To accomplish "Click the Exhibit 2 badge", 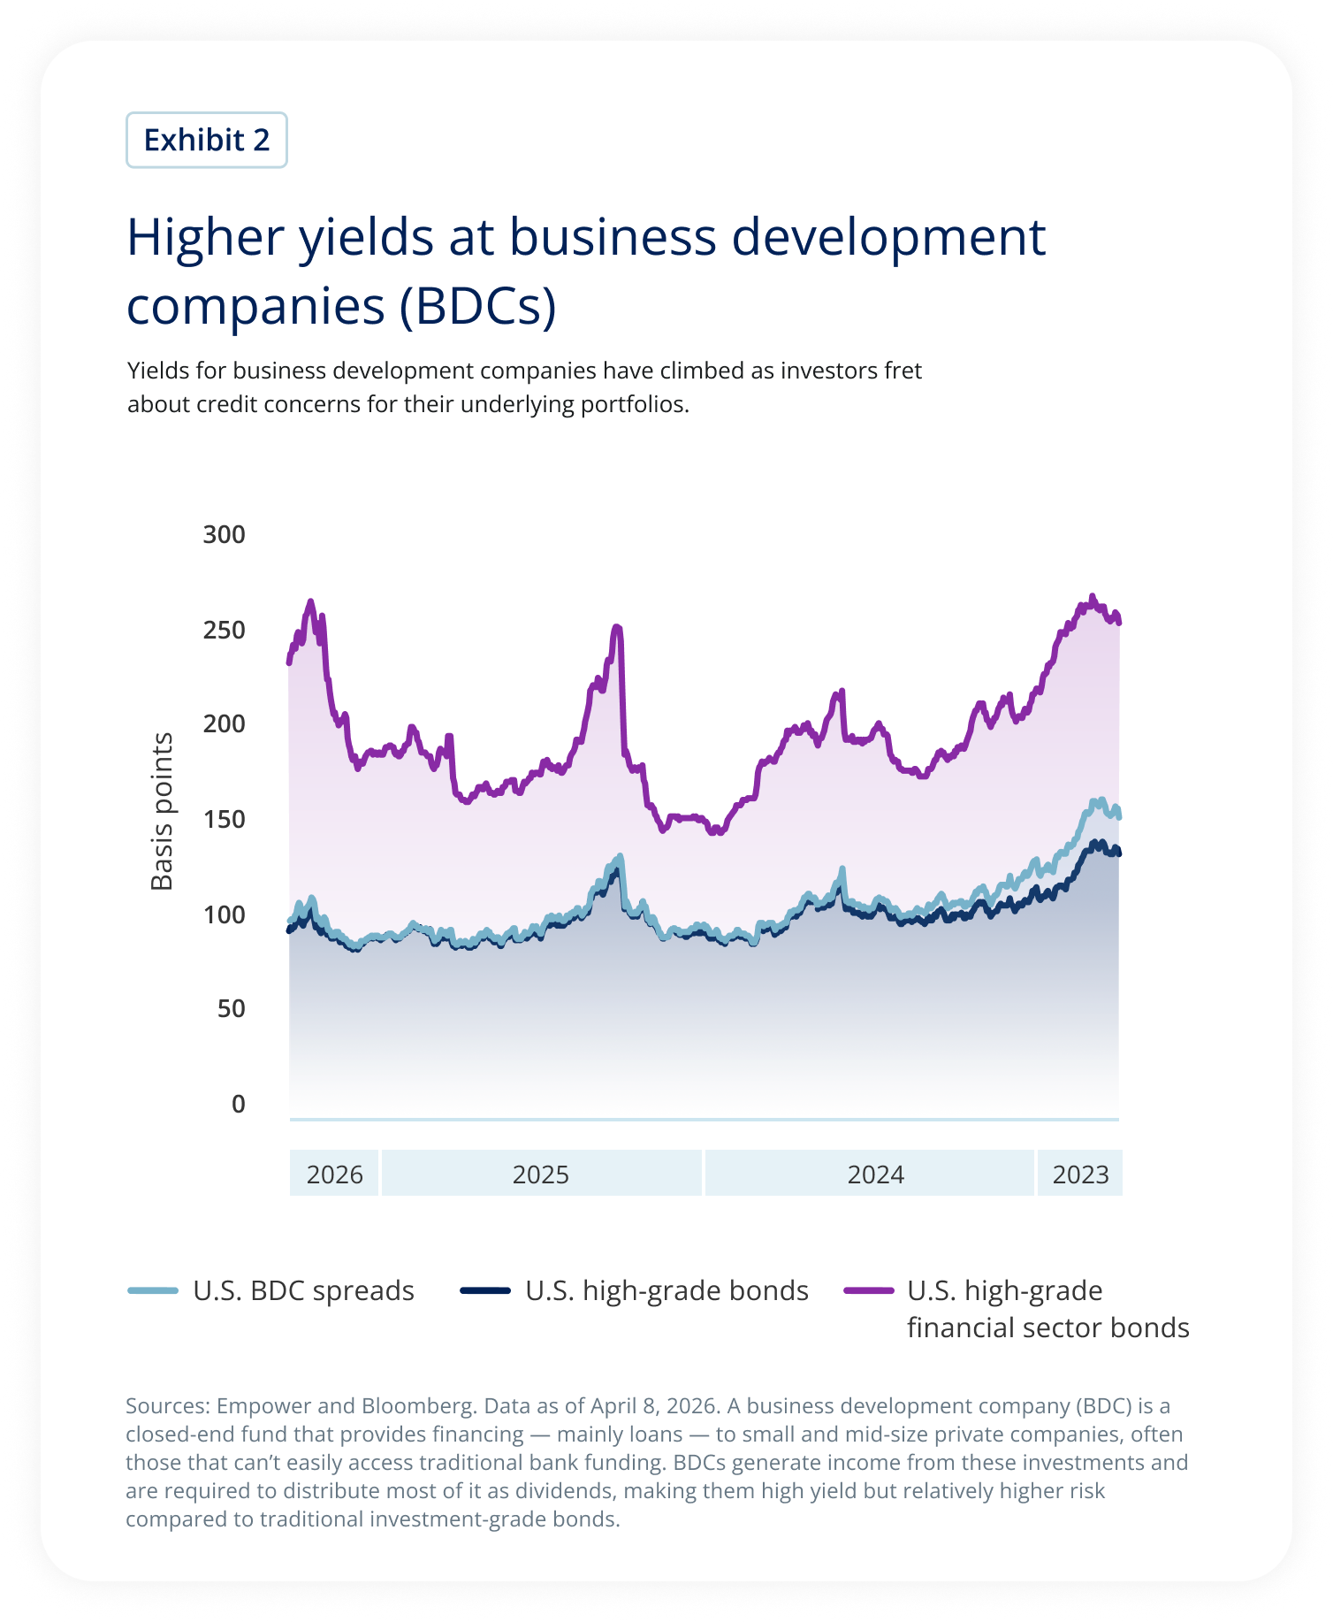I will pos(206,140).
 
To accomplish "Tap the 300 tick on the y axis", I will pos(225,534).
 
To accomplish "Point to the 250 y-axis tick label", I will pos(225,630).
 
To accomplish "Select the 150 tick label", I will pos(225,819).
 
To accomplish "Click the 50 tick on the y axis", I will pos(231,1008).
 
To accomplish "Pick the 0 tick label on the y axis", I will pos(238,1104).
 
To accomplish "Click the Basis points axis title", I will pos(162,811).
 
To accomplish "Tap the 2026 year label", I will pos(334,1174).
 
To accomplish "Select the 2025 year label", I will pos(541,1174).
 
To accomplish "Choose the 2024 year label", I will pos(875,1174).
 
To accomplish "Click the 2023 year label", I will pos(1080,1174).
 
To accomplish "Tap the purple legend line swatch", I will pos(869,1290).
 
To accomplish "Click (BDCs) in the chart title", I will pos(478,306).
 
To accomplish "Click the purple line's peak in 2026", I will pos(310,602).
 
